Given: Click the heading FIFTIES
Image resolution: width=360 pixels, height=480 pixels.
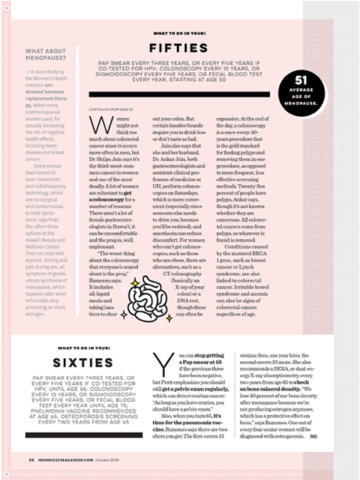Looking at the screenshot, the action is (x=180, y=49).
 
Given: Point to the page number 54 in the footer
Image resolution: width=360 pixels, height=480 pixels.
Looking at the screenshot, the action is (x=31, y=460).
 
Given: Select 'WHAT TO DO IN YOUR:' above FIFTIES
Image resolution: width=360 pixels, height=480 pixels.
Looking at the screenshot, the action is (x=180, y=33).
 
